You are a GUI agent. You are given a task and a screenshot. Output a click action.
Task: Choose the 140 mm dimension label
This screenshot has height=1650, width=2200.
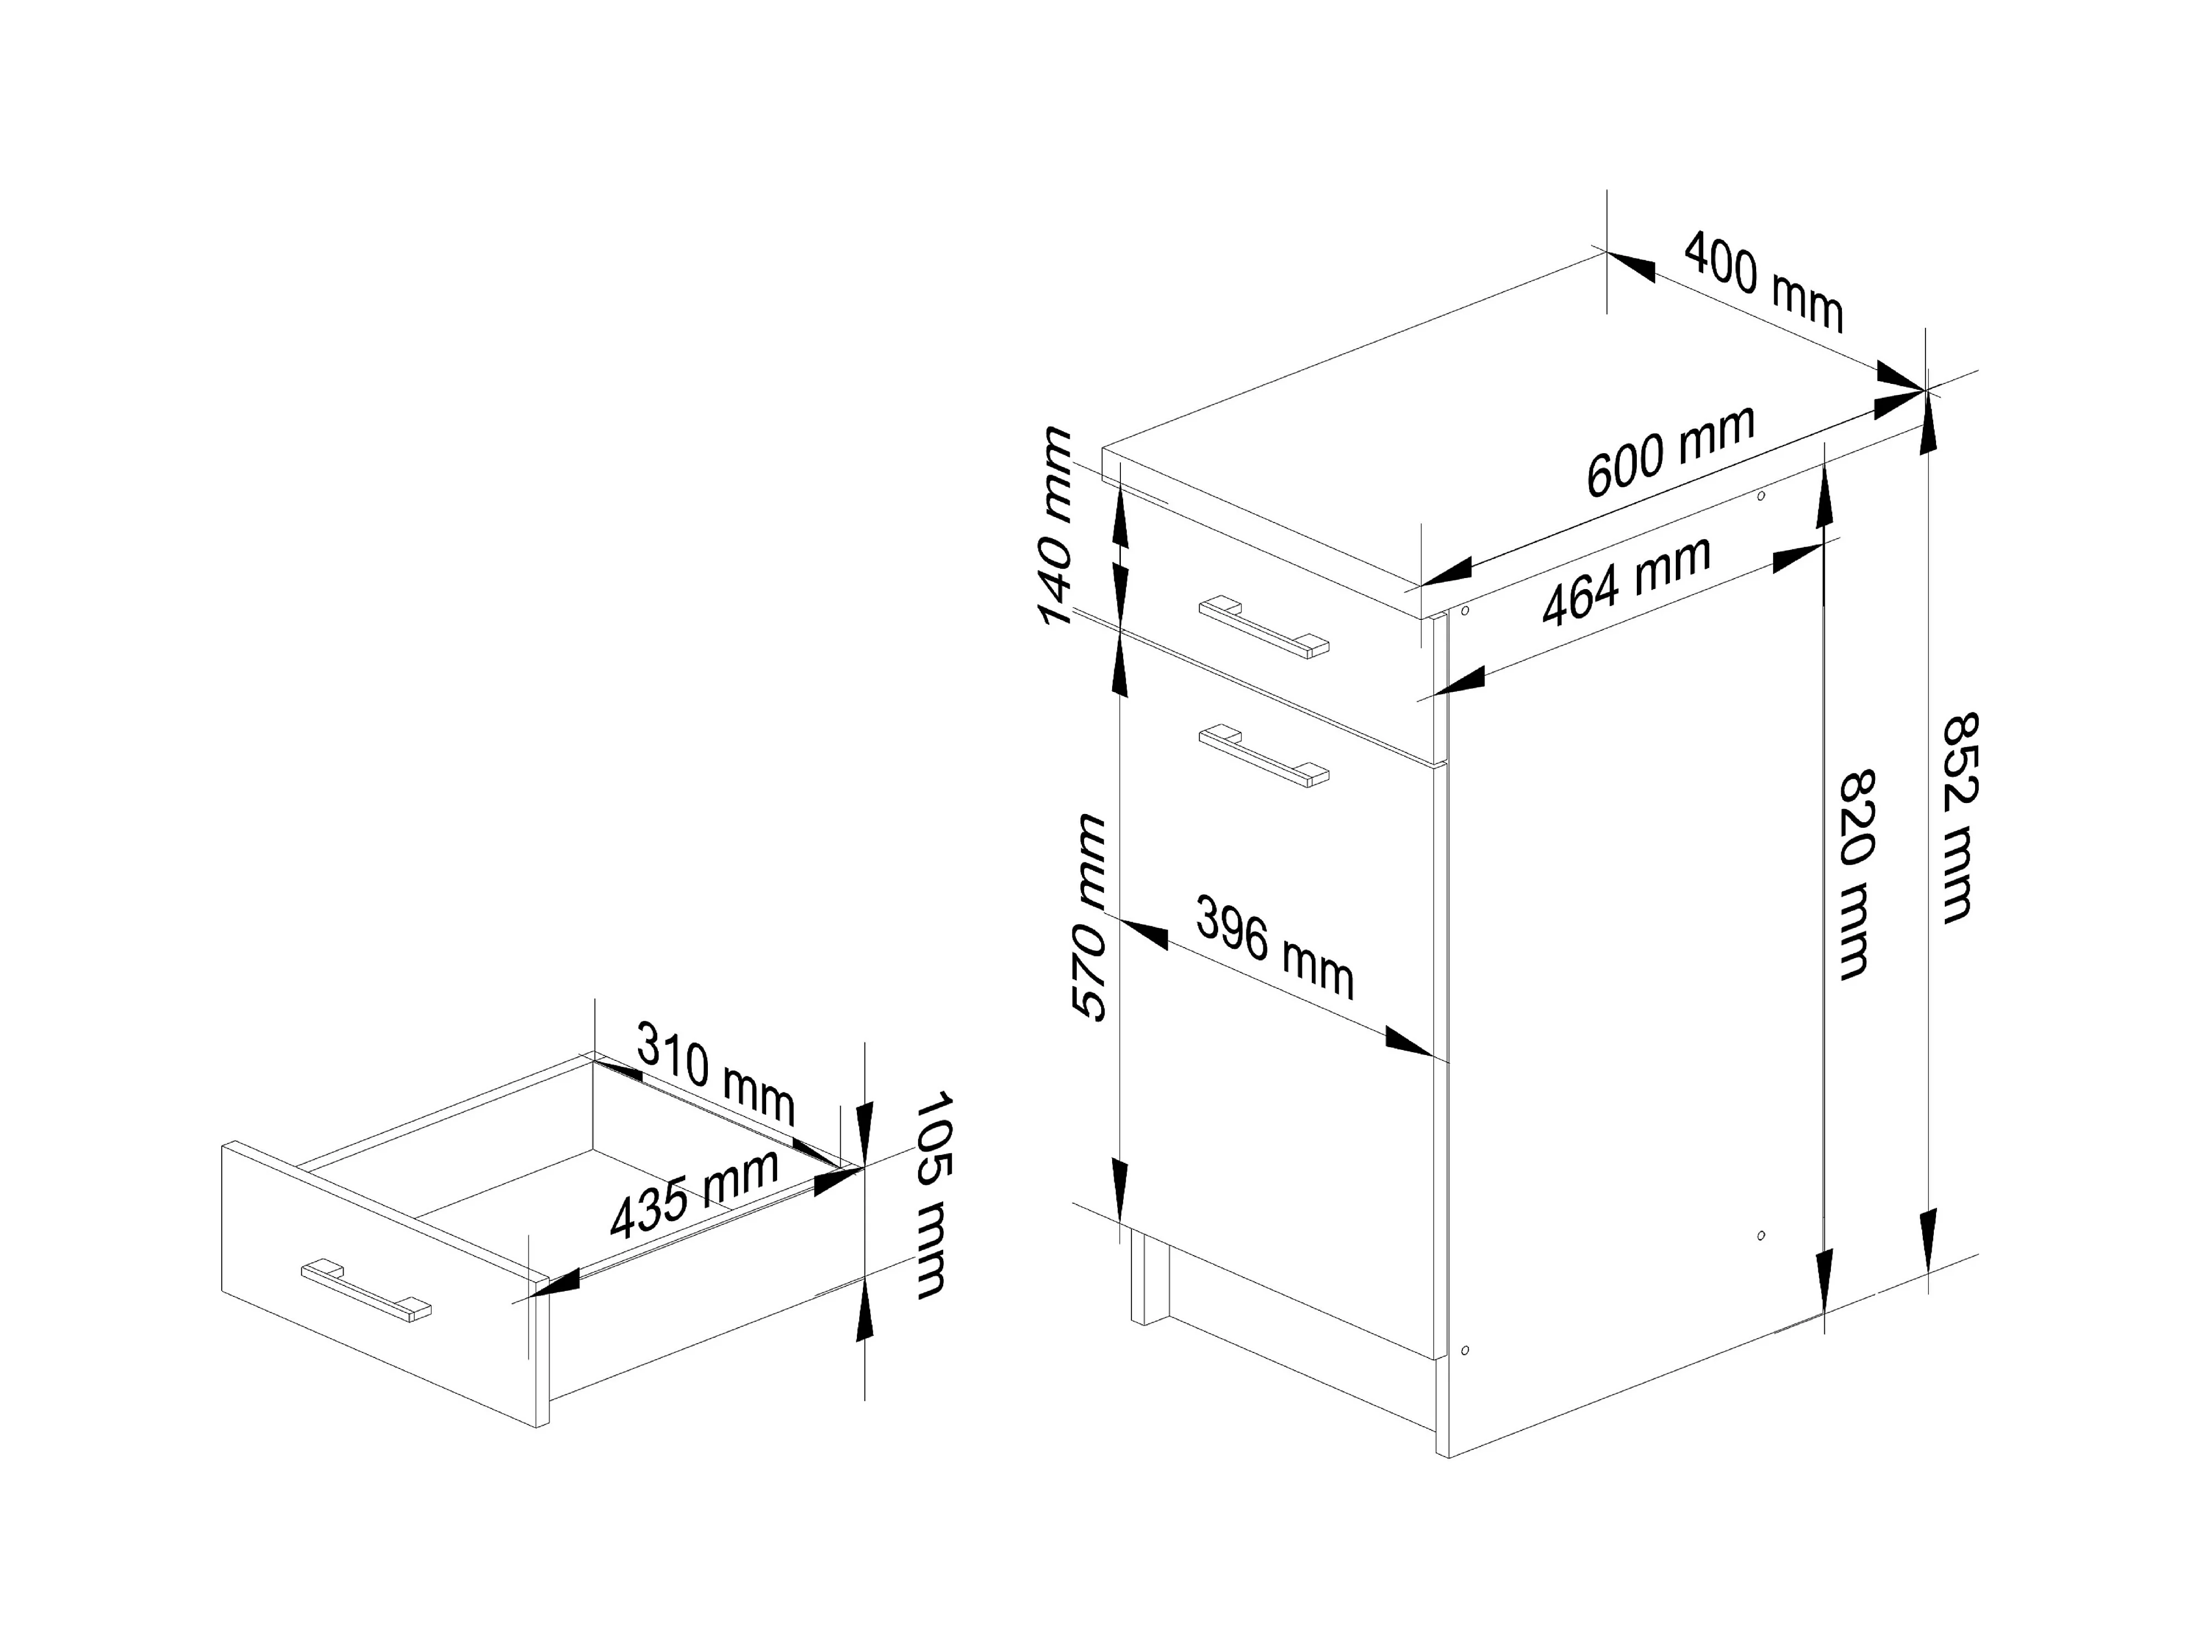[x=1056, y=526]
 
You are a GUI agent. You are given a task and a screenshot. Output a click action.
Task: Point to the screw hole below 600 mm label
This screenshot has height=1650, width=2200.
[x=1762, y=494]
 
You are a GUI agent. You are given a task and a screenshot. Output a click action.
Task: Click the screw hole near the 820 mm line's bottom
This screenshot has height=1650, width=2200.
[x=1762, y=1235]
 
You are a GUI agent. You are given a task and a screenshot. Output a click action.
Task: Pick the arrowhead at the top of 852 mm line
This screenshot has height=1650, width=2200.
[x=1928, y=423]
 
